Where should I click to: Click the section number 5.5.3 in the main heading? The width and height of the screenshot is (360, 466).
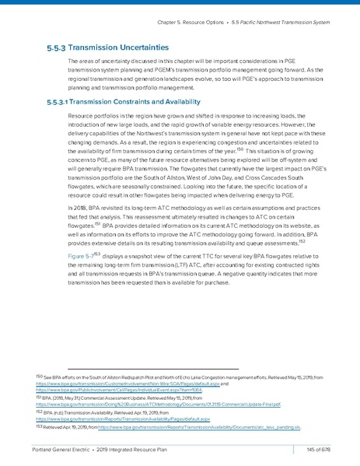[x=58, y=47]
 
